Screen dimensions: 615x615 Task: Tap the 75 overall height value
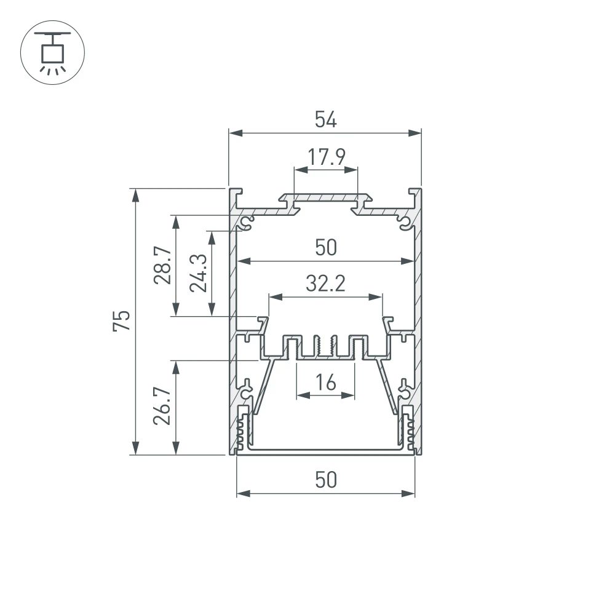tap(122, 321)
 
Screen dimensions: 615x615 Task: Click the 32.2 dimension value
tap(325, 284)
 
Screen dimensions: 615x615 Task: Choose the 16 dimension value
tap(325, 383)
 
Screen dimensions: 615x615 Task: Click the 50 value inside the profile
tap(325, 248)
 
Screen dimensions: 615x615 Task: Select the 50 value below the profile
tap(325, 479)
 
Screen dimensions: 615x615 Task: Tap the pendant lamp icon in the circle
tap(53, 52)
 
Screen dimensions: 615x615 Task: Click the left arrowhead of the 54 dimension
tap(234, 132)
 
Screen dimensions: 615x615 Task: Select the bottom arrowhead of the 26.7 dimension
tap(177, 450)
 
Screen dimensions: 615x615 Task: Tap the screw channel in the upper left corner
tap(248, 221)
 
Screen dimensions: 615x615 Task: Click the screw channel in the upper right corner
tap(403, 221)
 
